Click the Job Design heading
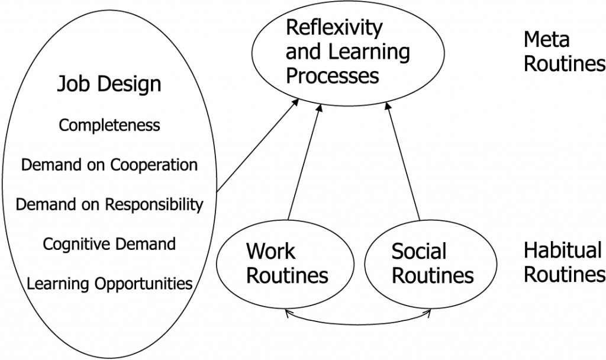point(109,84)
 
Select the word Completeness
point(109,126)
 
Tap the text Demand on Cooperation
point(109,165)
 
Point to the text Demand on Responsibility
point(109,205)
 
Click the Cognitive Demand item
point(109,244)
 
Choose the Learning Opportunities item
point(109,283)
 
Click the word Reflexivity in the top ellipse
point(334,28)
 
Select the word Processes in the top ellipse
point(332,76)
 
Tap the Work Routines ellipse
point(286,263)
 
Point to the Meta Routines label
point(564,52)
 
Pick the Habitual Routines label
point(564,263)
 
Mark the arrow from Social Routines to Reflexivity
point(403,163)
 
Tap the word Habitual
point(562,251)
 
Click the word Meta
point(546,40)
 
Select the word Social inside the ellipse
point(419,252)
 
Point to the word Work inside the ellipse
point(270,252)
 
